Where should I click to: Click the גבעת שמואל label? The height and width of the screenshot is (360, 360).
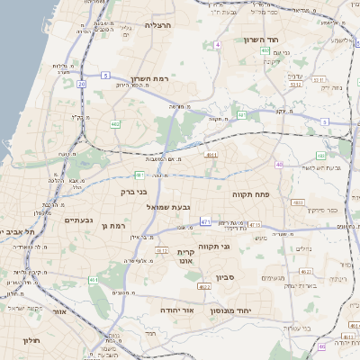168,207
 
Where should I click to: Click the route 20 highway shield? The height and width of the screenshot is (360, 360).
81,83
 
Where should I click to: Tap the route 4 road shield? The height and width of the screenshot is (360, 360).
218,43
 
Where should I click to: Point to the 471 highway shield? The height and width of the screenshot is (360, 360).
205,221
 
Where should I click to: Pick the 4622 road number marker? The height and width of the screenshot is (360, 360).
203,286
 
